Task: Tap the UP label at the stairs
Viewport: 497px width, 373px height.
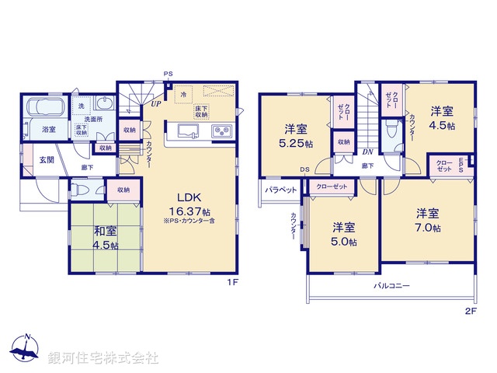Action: tap(156, 103)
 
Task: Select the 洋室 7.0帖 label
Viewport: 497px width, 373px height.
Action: tap(427, 220)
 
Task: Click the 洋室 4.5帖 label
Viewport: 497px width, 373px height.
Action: tap(442, 118)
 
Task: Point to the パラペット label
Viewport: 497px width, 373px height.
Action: tap(279, 190)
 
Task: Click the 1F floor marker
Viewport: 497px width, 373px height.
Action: tap(231, 283)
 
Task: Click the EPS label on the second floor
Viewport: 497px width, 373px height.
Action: tap(461, 163)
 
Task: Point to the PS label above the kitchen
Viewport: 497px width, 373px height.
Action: tap(168, 75)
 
